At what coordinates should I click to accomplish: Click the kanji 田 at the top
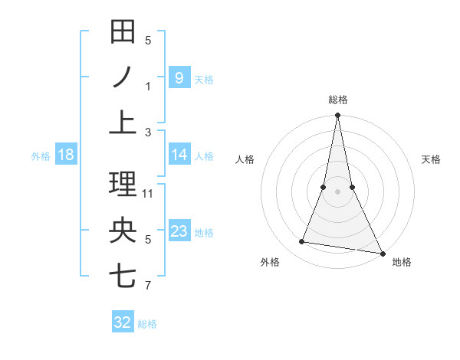click(x=123, y=32)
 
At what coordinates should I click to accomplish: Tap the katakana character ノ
click(x=123, y=77)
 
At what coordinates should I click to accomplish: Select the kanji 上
click(x=123, y=122)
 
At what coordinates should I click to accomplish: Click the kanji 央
click(x=123, y=231)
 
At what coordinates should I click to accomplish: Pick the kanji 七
click(x=123, y=275)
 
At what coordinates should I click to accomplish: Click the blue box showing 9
click(x=179, y=77)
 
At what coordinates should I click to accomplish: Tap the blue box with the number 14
click(x=179, y=155)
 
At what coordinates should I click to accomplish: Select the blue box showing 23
click(x=179, y=231)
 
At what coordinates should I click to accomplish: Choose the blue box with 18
click(x=65, y=155)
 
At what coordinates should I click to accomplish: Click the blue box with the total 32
click(x=123, y=322)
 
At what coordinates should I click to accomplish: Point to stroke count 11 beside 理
click(x=148, y=193)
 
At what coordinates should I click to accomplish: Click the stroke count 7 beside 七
click(x=148, y=286)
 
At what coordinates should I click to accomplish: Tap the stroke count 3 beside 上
click(x=148, y=133)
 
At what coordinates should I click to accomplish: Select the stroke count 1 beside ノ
click(x=148, y=86)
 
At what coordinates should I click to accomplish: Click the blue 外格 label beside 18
click(x=41, y=155)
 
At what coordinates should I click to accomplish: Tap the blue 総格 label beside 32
click(x=147, y=324)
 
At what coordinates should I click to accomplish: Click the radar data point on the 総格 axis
click(x=337, y=116)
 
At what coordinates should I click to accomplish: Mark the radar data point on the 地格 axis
click(x=382, y=253)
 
